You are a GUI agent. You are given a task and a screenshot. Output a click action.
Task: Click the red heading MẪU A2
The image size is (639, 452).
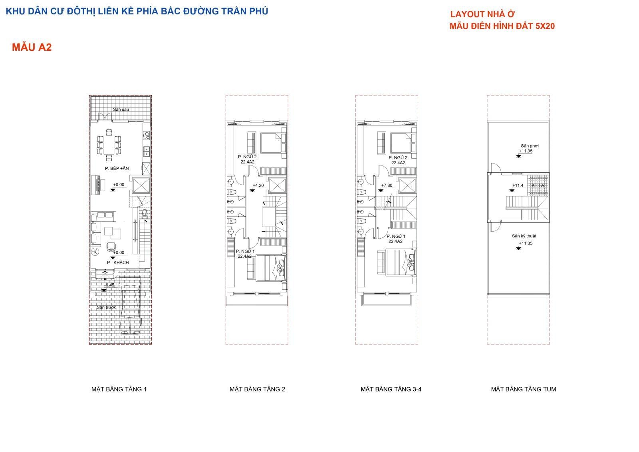tap(32, 47)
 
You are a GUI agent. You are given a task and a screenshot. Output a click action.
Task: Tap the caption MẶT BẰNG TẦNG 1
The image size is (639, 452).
tap(119, 389)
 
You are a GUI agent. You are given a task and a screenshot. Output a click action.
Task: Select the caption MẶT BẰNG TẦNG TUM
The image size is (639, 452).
tap(524, 389)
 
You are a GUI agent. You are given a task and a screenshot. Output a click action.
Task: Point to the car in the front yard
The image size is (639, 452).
tap(131, 305)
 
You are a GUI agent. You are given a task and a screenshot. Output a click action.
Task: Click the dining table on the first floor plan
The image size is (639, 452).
tap(109, 145)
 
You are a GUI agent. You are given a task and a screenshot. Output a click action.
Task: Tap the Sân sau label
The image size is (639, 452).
tap(121, 110)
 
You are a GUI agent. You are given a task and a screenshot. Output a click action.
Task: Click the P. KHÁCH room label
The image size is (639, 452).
tap(118, 263)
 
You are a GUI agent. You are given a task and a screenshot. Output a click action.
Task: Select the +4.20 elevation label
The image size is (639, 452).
tap(258, 185)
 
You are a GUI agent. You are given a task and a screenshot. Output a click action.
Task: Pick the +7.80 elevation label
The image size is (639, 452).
tap(387, 185)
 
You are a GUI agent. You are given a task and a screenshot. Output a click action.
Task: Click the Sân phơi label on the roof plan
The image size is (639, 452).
tap(530, 146)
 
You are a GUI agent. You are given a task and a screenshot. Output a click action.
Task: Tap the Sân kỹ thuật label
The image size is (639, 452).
tap(524, 236)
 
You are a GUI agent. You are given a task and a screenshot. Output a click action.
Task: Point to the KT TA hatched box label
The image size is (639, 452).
tap(538, 185)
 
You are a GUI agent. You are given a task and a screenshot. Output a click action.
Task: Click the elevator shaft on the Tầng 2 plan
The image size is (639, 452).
tap(278, 185)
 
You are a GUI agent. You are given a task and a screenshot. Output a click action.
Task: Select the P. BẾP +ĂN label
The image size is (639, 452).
tap(117, 169)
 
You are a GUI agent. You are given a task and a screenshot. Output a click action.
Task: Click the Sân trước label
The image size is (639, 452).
tap(107, 307)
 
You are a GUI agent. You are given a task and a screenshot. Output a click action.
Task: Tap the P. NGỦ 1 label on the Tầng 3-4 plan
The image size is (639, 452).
tap(396, 237)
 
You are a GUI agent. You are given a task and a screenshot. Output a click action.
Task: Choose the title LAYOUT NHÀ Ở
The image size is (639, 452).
tap(482, 14)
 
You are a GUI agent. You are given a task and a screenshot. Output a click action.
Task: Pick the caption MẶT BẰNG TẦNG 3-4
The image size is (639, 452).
tap(391, 389)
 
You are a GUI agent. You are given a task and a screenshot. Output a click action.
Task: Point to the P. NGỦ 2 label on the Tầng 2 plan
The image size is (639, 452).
tap(247, 157)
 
